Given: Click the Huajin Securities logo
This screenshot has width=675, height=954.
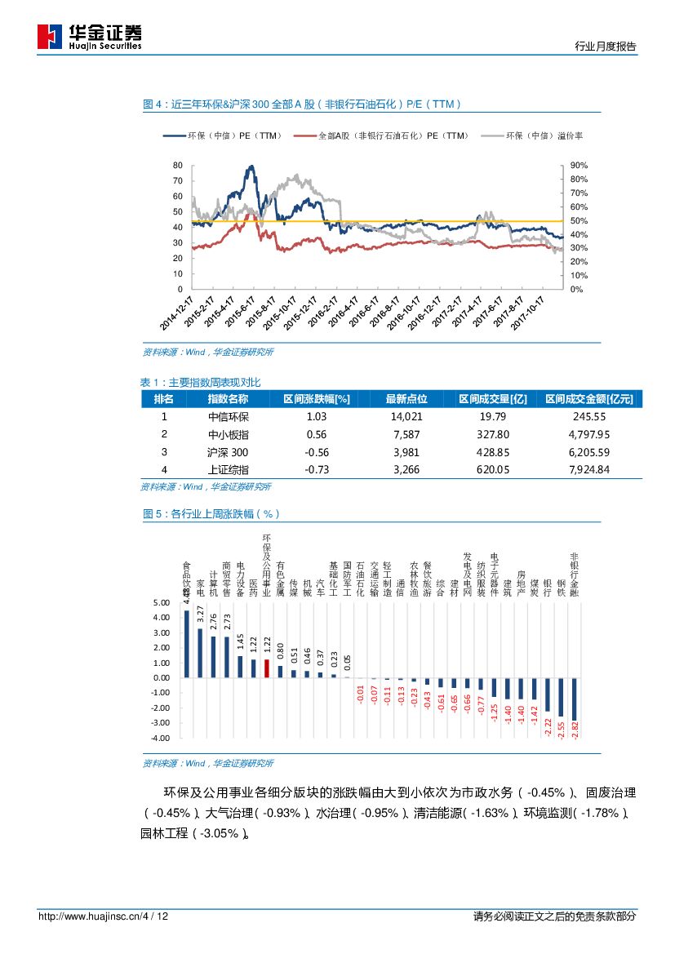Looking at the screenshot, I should tap(90, 37).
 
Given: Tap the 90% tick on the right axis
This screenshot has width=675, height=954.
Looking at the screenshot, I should tap(579, 166).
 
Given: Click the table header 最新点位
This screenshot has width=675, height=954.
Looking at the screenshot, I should tap(406, 399).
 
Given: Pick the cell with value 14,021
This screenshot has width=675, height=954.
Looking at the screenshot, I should tap(406, 416).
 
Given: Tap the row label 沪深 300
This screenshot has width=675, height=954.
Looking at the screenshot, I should tap(228, 452).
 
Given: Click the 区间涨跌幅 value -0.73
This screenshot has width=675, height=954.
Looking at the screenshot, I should tap(316, 469).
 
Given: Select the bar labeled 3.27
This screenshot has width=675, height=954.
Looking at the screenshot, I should tap(200, 652).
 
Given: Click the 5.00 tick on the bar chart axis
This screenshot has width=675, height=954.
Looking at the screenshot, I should tap(161, 603).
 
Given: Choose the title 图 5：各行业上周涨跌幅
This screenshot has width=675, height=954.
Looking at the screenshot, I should tap(211, 514).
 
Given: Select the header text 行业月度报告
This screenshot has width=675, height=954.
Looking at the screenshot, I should tap(606, 47).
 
